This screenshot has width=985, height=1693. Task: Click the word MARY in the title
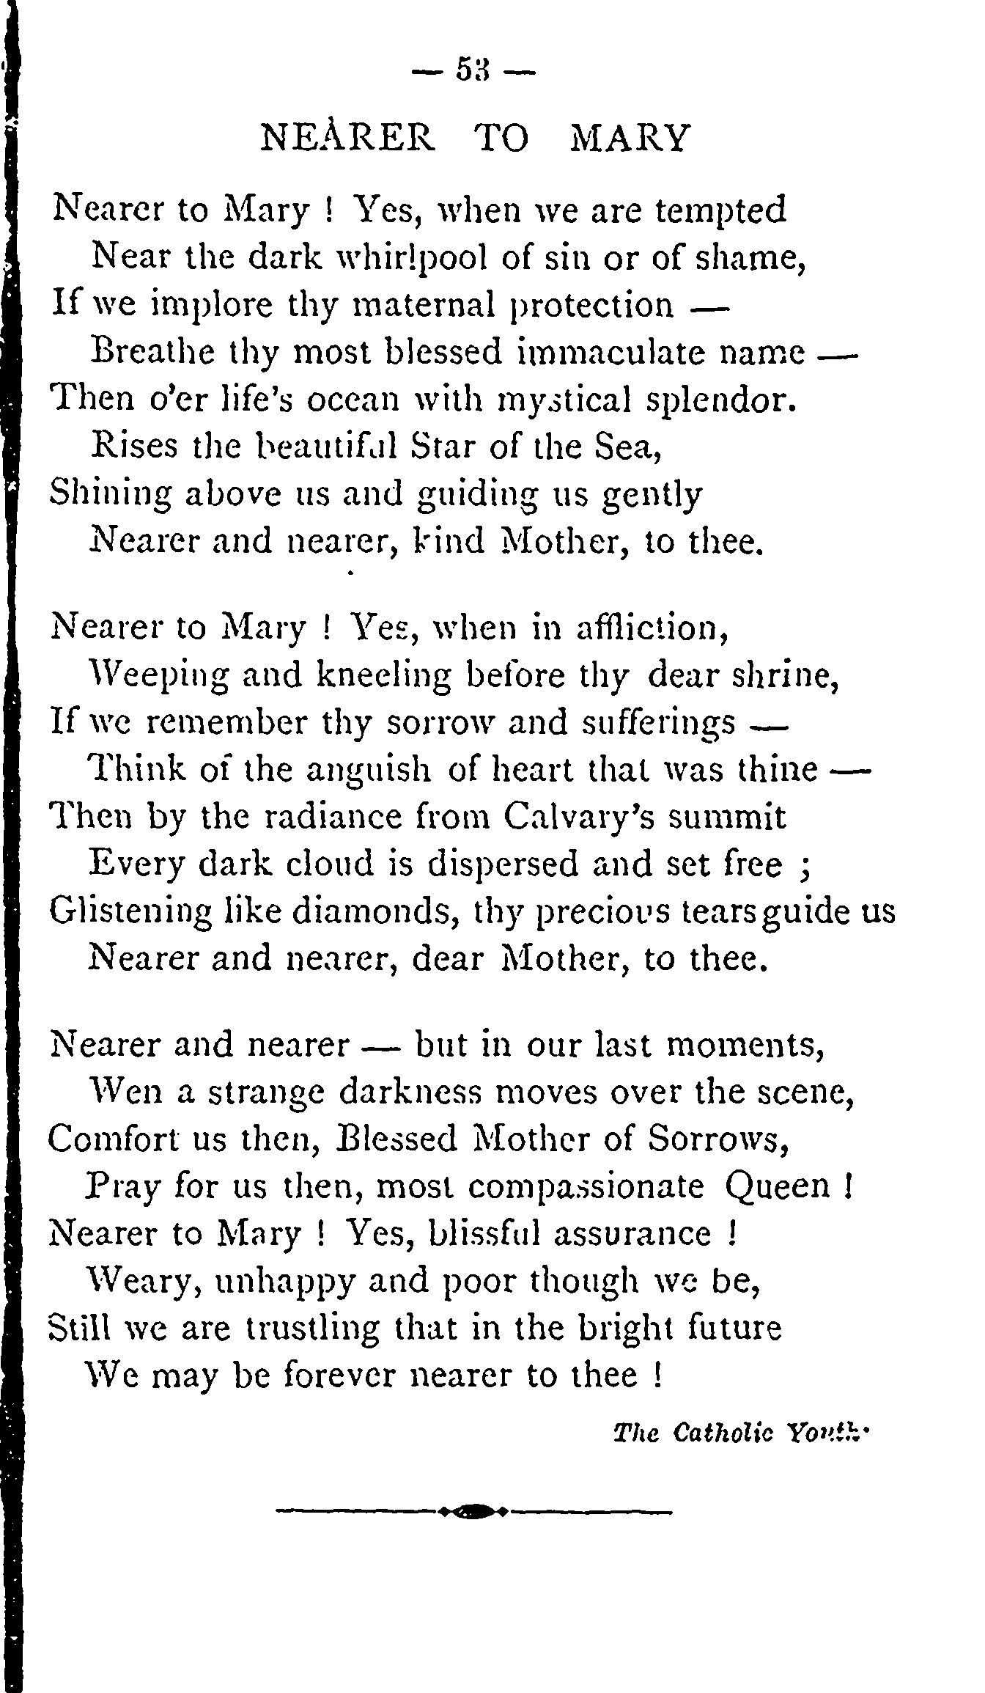pyautogui.click(x=630, y=138)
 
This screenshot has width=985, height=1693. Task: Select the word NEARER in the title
pyautogui.click(x=347, y=138)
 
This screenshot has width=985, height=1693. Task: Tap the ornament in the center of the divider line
pyautogui.click(x=474, y=1511)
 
